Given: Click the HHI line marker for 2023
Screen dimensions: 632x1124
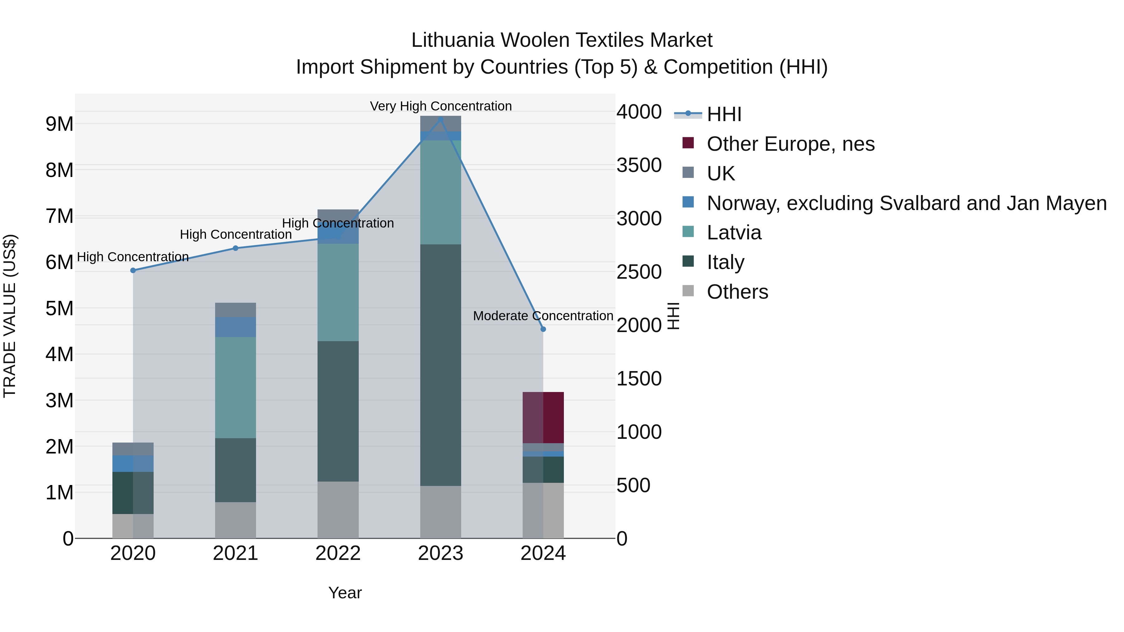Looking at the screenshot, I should point(440,120).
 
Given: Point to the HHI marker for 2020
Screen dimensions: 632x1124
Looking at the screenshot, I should point(133,270).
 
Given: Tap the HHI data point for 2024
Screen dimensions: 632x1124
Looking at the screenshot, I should point(543,329).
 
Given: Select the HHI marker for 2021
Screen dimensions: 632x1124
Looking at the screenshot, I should point(236,248).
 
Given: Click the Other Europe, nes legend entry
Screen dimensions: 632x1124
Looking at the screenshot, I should point(790,144).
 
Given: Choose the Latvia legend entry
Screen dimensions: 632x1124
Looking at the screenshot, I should point(734,233).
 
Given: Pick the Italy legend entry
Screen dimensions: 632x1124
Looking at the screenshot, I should point(725,262).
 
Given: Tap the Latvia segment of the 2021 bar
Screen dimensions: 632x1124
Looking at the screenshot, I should point(236,387).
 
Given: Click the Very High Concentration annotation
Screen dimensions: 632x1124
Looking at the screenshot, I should point(441,106).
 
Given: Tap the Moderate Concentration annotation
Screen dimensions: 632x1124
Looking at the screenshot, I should point(543,316).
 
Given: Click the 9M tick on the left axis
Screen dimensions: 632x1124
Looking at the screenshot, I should point(59,124).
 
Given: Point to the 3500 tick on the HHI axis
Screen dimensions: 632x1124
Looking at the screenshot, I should point(639,165).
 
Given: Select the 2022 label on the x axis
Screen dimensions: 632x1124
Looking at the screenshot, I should point(338,553).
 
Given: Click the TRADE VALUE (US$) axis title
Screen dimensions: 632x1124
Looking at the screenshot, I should point(10,316).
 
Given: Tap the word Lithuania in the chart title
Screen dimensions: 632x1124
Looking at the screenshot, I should point(453,40).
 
